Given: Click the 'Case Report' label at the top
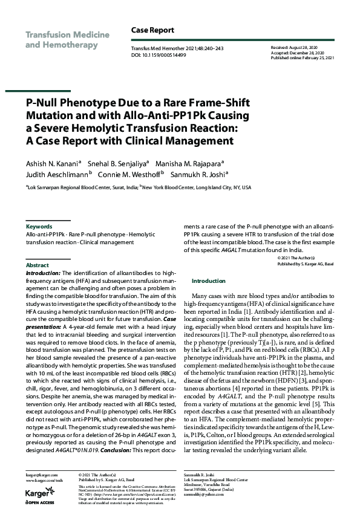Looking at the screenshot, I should (x=152, y=30).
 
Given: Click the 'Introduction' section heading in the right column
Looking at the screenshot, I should (x=208, y=281).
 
